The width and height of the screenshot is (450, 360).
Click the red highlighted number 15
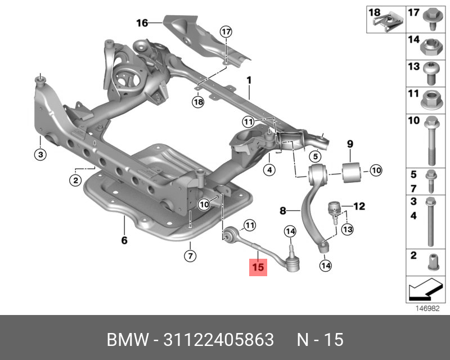point(258,268)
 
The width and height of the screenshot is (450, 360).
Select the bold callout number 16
point(142,23)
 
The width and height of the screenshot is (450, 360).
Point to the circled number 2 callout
point(75,180)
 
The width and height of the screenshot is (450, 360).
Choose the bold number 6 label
point(124,241)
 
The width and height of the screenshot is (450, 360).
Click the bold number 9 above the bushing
point(349,145)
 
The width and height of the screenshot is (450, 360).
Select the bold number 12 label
point(359,206)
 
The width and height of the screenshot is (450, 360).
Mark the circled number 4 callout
point(269,169)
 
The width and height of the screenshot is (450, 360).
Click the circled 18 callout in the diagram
point(197,102)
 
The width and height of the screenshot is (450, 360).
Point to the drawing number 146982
point(428,308)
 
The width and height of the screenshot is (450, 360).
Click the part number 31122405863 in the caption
point(218,340)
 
